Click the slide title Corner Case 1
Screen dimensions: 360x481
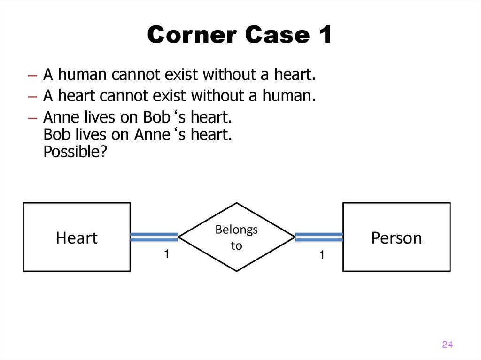pyautogui.click(x=240, y=35)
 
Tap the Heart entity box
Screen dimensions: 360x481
pyautogui.click(x=77, y=237)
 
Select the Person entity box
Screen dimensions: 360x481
pyautogui.click(x=396, y=237)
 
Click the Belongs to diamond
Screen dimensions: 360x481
pyautogui.click(x=236, y=237)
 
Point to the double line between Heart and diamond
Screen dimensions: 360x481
pyautogui.click(x=154, y=237)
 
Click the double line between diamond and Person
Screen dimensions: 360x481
pyautogui.click(x=319, y=237)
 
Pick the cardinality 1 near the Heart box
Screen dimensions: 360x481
pyautogui.click(x=166, y=254)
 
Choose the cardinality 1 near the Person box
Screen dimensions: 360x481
pyautogui.click(x=322, y=255)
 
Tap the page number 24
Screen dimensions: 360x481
pyautogui.click(x=447, y=345)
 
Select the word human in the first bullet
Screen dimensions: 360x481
pyautogui.click(x=84, y=75)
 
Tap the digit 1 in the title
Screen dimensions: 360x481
pyautogui.click(x=323, y=35)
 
